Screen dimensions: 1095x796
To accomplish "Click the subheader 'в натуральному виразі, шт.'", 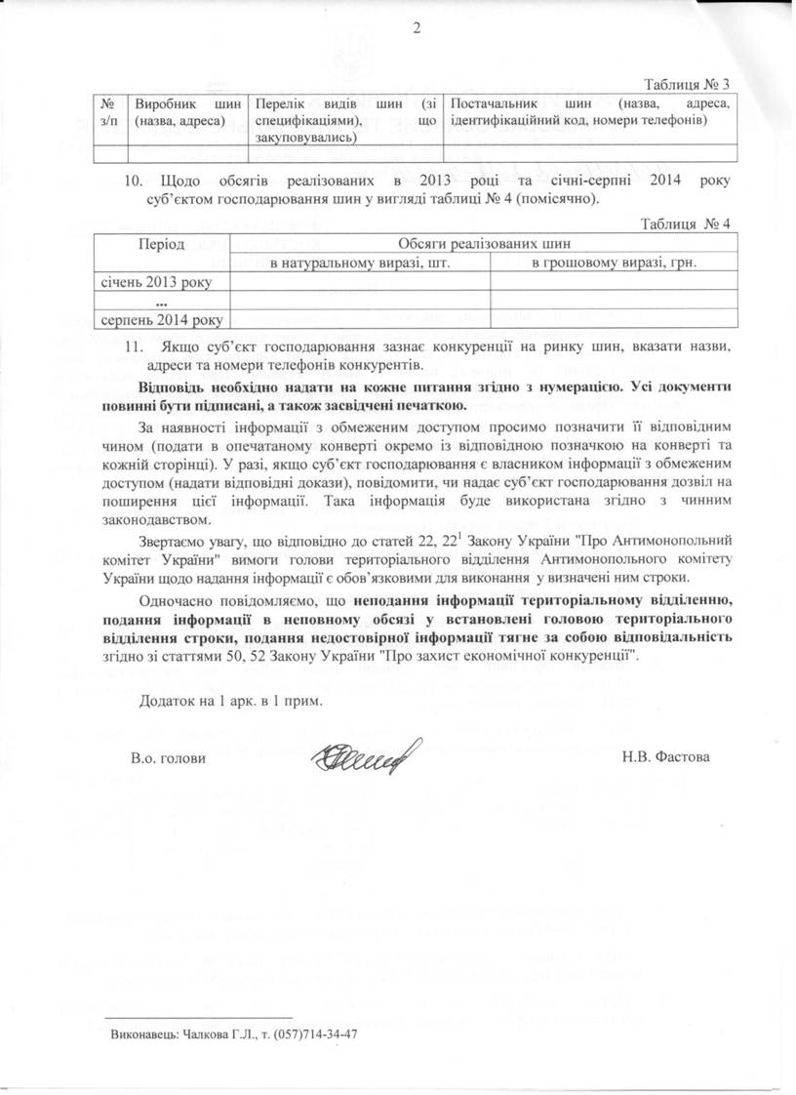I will point(358,263).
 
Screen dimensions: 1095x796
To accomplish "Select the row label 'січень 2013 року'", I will point(153,282).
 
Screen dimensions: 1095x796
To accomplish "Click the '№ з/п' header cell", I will point(110,111).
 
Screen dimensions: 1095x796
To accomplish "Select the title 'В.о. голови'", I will point(168,757).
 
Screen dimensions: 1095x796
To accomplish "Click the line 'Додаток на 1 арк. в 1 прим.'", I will point(229,701).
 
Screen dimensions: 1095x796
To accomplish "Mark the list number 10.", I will point(136,182).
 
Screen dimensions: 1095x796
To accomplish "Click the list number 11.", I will point(136,347).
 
